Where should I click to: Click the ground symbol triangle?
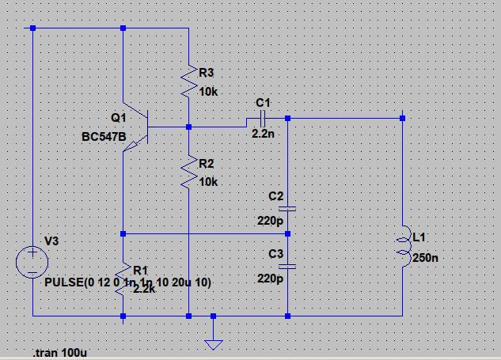214,345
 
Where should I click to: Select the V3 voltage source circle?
32,262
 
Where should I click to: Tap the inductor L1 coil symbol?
404,246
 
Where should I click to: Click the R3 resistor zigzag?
189,81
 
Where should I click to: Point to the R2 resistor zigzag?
189,172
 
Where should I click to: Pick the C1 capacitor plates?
263,119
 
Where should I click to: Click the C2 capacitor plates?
287,209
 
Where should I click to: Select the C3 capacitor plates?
287,267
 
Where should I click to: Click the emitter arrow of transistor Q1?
131,146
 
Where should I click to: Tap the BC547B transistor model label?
104,137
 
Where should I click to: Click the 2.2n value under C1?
263,134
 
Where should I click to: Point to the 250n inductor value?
425,258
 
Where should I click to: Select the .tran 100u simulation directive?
59,353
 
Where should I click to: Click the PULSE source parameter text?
127,282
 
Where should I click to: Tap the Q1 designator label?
119,118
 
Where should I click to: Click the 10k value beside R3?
208,92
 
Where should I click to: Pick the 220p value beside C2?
271,221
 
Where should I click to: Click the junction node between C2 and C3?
287,234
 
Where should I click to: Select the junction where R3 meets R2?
189,127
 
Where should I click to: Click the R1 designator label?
140,271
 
